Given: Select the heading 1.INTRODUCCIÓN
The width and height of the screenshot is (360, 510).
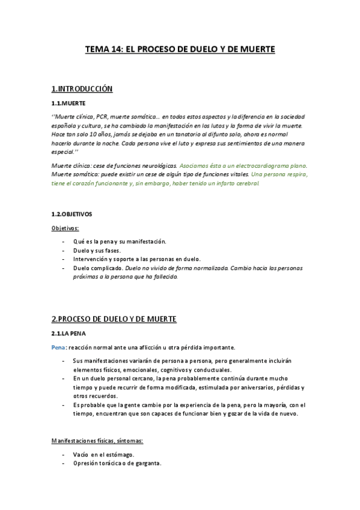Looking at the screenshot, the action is pyautogui.click(x=82, y=89).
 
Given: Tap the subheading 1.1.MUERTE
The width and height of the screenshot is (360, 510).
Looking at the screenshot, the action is pyautogui.click(x=69, y=103).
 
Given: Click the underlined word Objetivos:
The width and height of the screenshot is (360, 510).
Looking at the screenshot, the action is pyautogui.click(x=66, y=228).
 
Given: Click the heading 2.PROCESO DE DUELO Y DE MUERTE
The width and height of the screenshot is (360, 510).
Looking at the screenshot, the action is pyautogui.click(x=114, y=318).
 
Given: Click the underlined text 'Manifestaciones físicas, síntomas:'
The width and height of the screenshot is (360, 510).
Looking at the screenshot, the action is pyautogui.click(x=97, y=441).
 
